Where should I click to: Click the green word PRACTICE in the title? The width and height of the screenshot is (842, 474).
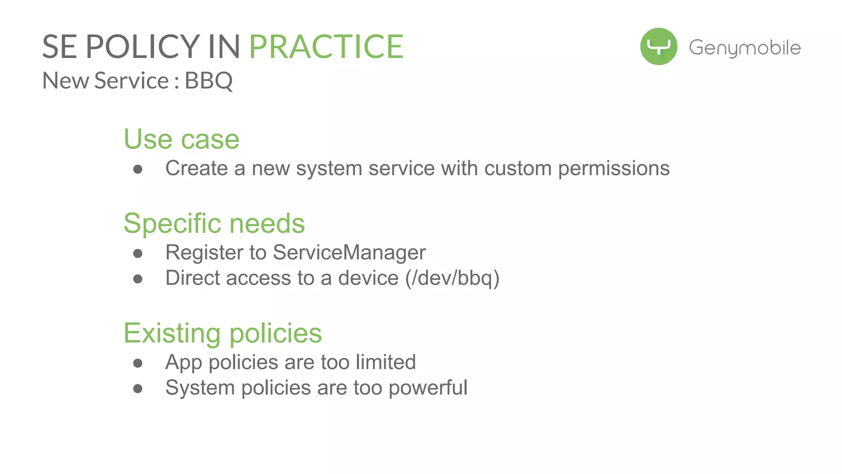click(326, 47)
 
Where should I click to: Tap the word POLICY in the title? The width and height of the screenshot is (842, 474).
click(143, 47)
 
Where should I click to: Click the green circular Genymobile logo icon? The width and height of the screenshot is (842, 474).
click(658, 46)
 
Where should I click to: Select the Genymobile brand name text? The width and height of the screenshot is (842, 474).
click(745, 48)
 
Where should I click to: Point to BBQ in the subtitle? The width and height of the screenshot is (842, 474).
click(208, 81)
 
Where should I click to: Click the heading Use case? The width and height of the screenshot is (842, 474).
click(181, 139)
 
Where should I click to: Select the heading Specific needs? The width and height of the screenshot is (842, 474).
click(214, 223)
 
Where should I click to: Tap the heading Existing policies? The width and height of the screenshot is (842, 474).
click(222, 333)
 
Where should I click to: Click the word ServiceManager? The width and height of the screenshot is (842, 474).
click(349, 252)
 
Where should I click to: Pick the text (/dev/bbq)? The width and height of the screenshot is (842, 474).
click(452, 278)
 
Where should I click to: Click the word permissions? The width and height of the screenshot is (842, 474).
click(613, 168)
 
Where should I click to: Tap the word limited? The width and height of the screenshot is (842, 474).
click(386, 362)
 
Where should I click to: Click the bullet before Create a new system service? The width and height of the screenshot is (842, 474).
click(138, 169)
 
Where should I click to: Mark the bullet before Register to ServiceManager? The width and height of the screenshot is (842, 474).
click(138, 253)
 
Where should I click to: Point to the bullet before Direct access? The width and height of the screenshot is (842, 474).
click(138, 279)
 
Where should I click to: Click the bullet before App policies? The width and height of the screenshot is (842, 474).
click(138, 363)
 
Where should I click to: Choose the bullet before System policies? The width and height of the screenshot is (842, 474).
click(138, 389)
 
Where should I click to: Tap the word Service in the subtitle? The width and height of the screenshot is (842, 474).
click(132, 81)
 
